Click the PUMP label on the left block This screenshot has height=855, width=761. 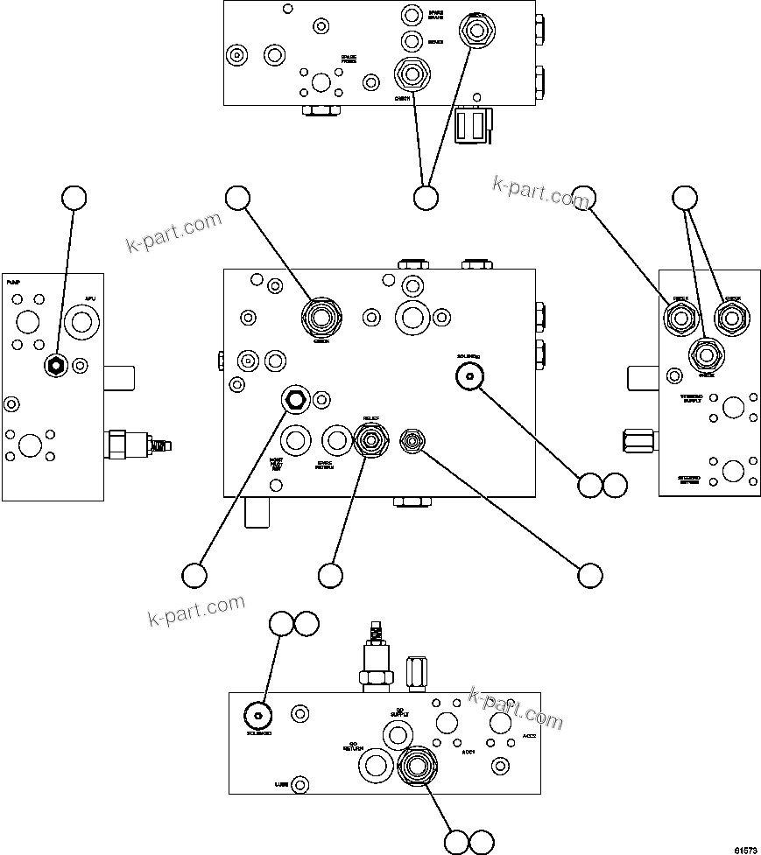pyautogui.click(x=13, y=284)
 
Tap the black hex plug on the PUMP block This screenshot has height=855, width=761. pyautogui.click(x=56, y=366)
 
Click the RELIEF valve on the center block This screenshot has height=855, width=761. pyautogui.click(x=370, y=437)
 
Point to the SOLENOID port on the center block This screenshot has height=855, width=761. pyautogui.click(x=470, y=376)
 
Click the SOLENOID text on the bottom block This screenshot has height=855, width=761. pyautogui.click(x=257, y=732)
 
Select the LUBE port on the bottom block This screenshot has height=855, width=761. pyautogui.click(x=300, y=783)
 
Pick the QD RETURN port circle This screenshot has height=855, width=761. pyautogui.click(x=376, y=766)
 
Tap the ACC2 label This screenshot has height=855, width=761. pyautogui.click(x=529, y=736)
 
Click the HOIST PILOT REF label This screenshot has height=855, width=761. pyautogui.click(x=276, y=463)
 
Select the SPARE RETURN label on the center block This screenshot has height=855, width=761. pyautogui.click(x=325, y=464)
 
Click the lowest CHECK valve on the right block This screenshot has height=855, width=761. pyautogui.click(x=706, y=356)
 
